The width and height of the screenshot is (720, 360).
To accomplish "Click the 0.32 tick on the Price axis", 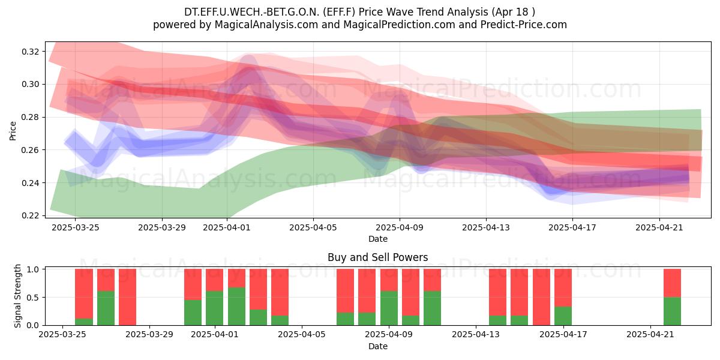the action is tap(31, 52).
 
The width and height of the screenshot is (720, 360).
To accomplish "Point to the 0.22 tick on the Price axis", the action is tap(31, 215).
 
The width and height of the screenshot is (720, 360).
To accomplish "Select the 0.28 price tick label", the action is tap(31, 118).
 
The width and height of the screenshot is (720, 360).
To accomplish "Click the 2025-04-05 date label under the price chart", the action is tap(313, 227).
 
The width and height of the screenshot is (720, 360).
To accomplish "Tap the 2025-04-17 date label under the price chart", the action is tap(572, 227).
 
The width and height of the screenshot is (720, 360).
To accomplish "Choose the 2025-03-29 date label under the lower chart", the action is tap(149, 334).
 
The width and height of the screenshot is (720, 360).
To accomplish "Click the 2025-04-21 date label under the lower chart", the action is tap(650, 334).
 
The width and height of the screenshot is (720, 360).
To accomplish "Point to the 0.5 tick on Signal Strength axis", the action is tap(34, 298).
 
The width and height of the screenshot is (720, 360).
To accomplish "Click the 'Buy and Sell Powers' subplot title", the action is tap(377, 257).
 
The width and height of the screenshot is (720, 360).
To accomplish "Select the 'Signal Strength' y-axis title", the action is tap(17, 296).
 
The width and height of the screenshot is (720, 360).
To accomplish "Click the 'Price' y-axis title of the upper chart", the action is tap(13, 131).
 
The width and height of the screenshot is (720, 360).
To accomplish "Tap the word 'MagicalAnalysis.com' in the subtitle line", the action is tap(266, 25).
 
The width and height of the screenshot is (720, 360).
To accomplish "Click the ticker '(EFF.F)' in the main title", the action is tap(339, 12).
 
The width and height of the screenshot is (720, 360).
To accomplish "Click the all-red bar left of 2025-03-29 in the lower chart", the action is tap(127, 297).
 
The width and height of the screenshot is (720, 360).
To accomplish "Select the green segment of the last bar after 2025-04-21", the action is tap(672, 311).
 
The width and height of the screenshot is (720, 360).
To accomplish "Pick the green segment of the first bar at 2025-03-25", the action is tap(84, 322).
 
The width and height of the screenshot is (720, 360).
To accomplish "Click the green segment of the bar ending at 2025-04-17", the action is tap(563, 316).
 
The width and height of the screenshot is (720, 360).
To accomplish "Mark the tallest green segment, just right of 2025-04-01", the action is tap(236, 307).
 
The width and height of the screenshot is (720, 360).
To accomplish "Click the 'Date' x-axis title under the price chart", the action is tap(377, 239).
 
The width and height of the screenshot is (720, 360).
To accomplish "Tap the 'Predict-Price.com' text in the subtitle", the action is tap(524, 25).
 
